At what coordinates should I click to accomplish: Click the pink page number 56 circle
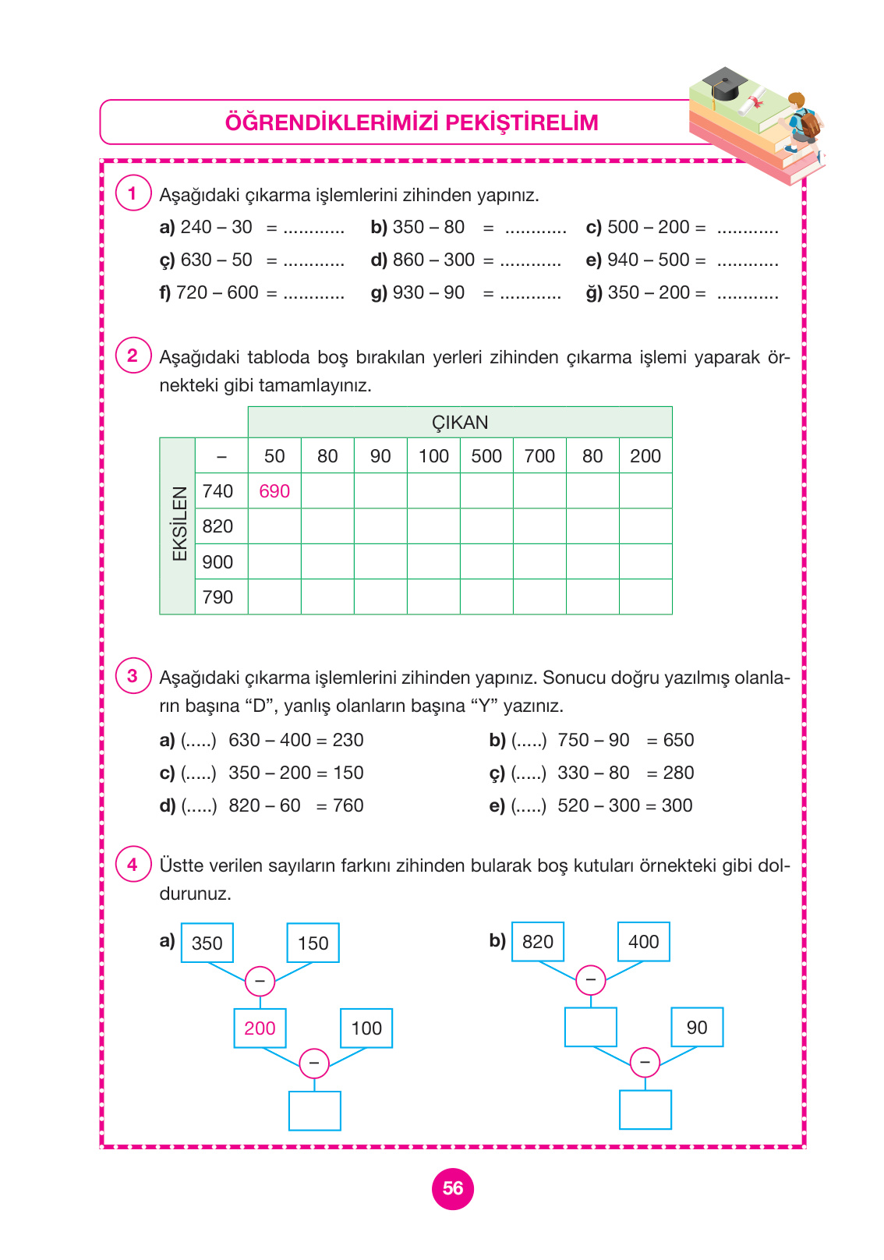click(453, 1188)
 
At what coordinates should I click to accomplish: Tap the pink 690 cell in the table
click(274, 491)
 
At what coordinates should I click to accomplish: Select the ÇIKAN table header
click(460, 423)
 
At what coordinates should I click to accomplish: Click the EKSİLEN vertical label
click(179, 525)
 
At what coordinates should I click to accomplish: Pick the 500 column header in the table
click(486, 456)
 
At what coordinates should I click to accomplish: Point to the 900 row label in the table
click(217, 562)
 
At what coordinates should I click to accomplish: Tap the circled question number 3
click(133, 676)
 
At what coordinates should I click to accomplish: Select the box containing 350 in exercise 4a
click(207, 943)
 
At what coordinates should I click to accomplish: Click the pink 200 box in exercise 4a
click(260, 1028)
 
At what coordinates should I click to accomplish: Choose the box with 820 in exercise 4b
click(538, 942)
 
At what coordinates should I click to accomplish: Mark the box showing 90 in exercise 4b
click(697, 1028)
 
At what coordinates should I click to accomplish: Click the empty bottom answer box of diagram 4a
click(315, 1110)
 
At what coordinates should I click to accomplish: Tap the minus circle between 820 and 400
click(590, 980)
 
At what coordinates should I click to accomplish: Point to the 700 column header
click(539, 456)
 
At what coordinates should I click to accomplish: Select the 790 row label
click(217, 597)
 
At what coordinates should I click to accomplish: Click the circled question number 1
click(133, 193)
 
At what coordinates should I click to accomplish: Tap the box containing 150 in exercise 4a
click(313, 943)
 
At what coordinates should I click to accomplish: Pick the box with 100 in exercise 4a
click(366, 1028)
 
